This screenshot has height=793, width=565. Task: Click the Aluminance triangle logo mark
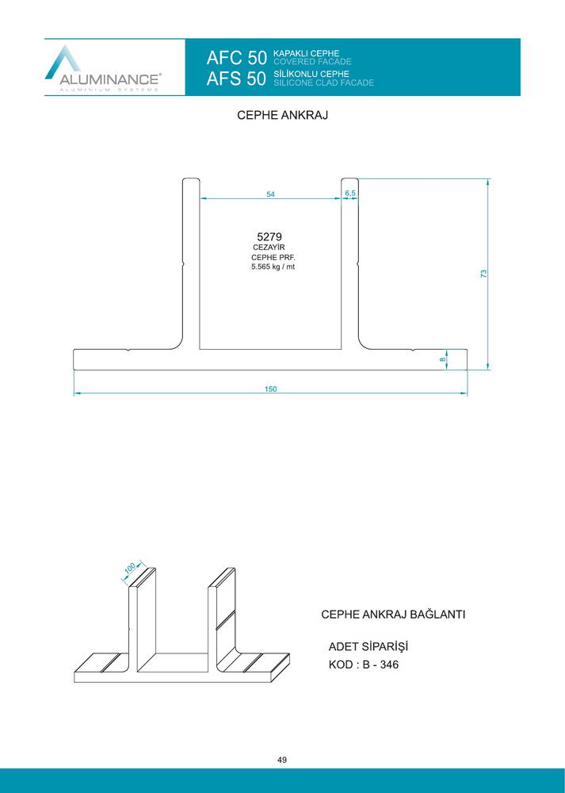pos(63,62)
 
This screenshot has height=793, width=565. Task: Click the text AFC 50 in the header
pos(236,58)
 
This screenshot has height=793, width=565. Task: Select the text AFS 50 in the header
pos(236,79)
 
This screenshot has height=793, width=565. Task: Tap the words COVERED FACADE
pos(312,62)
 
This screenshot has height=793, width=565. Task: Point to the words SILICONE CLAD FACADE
pos(324,82)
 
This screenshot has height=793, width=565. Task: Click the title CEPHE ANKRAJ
pos(282,115)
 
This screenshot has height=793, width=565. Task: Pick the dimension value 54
pos(271,194)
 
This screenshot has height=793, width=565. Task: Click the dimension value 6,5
pos(350,193)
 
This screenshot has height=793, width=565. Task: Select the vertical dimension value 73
pos(483,274)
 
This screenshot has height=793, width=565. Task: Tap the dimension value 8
pos(443,359)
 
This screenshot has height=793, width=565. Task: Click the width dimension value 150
pos(271,389)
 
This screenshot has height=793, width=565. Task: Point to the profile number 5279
pos(269,236)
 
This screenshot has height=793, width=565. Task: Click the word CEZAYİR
pos(269,247)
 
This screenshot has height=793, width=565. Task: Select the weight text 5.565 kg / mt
pos(273,266)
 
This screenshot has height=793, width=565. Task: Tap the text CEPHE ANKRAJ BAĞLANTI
pos(393,615)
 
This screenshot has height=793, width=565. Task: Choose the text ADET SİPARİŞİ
pos(368,647)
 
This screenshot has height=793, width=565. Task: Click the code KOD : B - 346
pos(364,665)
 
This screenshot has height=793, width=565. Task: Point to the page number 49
pos(282,760)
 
